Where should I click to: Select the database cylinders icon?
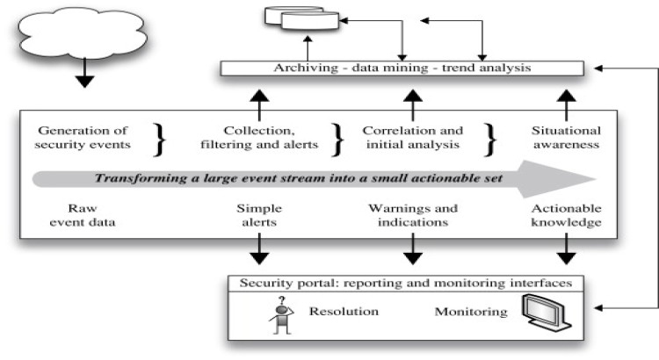pyautogui.click(x=303, y=18)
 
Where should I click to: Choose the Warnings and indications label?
pyautogui.click(x=411, y=217)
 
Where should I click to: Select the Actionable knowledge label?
pyautogui.click(x=566, y=217)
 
